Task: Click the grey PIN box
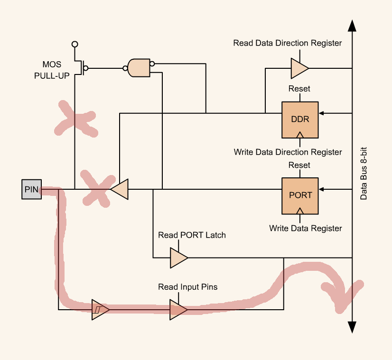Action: click(31, 189)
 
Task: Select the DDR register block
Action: click(300, 119)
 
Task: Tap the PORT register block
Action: click(300, 195)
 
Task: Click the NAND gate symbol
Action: click(139, 68)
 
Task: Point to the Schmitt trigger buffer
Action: click(100, 309)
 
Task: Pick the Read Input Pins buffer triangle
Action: click(178, 309)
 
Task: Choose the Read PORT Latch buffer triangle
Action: click(178, 258)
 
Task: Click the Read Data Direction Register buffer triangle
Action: click(299, 68)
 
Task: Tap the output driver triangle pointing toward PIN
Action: click(120, 189)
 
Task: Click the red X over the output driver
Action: click(98, 188)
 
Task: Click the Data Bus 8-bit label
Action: click(364, 173)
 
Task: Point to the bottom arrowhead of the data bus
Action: click(352, 327)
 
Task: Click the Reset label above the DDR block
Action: click(299, 89)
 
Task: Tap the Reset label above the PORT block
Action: click(299, 165)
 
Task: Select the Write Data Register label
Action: click(305, 228)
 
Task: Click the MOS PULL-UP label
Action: click(52, 69)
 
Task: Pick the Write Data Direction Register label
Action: click(288, 152)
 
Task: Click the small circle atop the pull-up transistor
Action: click(75, 44)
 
